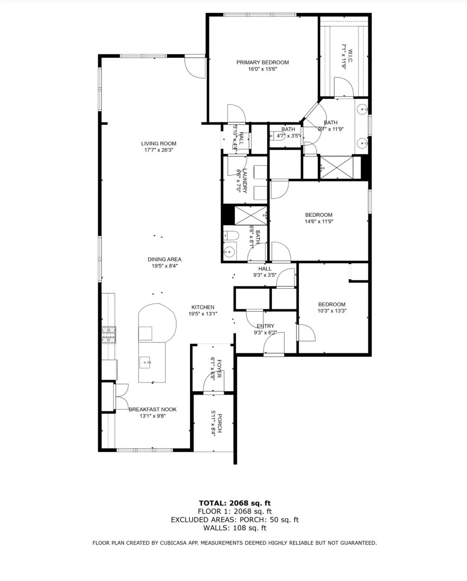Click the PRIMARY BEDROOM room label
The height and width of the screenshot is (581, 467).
click(262, 62)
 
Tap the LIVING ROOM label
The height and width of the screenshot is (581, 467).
click(159, 143)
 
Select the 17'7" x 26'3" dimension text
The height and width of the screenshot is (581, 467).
click(159, 150)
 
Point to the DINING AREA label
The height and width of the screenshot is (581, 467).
click(164, 259)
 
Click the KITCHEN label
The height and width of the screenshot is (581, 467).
click(203, 307)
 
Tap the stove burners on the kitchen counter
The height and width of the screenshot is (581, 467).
click(109, 335)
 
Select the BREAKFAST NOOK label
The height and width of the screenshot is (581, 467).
click(152, 409)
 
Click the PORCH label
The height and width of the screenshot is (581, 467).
click(219, 423)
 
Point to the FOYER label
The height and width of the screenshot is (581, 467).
click(219, 369)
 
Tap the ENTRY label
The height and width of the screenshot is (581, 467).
click(265, 326)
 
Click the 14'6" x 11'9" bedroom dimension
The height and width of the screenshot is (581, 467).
click(319, 222)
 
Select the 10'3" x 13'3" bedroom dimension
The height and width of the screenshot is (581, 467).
click(332, 311)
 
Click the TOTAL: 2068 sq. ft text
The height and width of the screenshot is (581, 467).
click(234, 503)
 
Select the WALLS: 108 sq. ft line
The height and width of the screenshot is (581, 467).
click(234, 528)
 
